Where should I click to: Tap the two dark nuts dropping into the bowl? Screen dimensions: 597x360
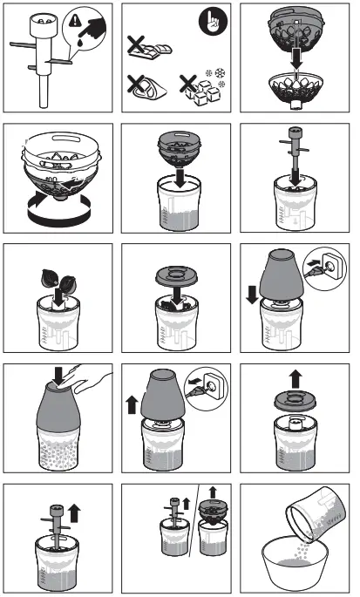point(55,280)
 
